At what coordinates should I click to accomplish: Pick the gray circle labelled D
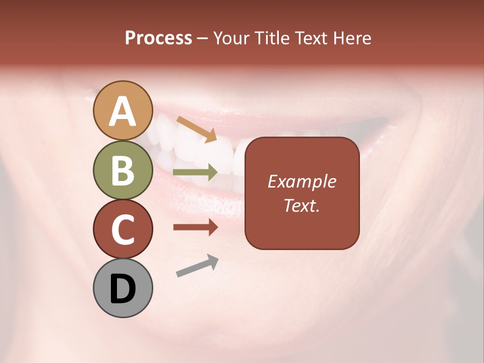tap(123, 288)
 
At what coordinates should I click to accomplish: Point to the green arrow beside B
tap(195, 172)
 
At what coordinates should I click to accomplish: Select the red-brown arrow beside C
tap(195, 227)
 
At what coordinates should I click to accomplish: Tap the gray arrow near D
tap(197, 266)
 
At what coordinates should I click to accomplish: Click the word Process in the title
tap(158, 38)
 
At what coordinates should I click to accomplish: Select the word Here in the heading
tap(352, 38)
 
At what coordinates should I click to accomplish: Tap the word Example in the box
tap(301, 181)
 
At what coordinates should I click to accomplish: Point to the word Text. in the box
tap(301, 205)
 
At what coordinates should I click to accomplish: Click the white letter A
tap(123, 111)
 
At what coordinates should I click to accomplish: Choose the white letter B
tap(123, 170)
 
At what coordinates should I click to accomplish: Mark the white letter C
tap(123, 229)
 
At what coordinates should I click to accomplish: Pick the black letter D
tap(123, 289)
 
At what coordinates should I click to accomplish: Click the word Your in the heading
tap(232, 38)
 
